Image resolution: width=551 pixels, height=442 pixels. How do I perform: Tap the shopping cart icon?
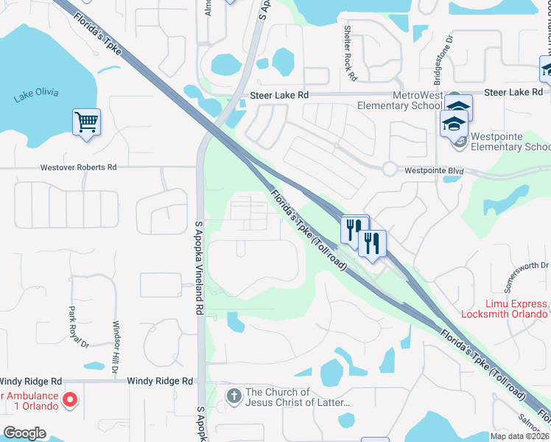coord(86,122)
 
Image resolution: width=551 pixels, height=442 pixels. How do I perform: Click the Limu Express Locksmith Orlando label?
coord(505,309)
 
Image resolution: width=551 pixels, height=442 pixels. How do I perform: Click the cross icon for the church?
coord(234,397)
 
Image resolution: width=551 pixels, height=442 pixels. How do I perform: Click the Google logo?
coord(24,433)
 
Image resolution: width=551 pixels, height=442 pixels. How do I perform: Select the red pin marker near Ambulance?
coord(70,400)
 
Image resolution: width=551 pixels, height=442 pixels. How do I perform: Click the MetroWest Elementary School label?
coord(399,99)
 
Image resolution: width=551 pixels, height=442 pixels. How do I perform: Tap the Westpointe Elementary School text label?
coord(510,141)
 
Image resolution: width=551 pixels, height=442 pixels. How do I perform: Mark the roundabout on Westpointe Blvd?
coord(390,169)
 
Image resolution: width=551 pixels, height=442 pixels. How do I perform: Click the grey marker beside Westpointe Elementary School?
coord(460,141)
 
